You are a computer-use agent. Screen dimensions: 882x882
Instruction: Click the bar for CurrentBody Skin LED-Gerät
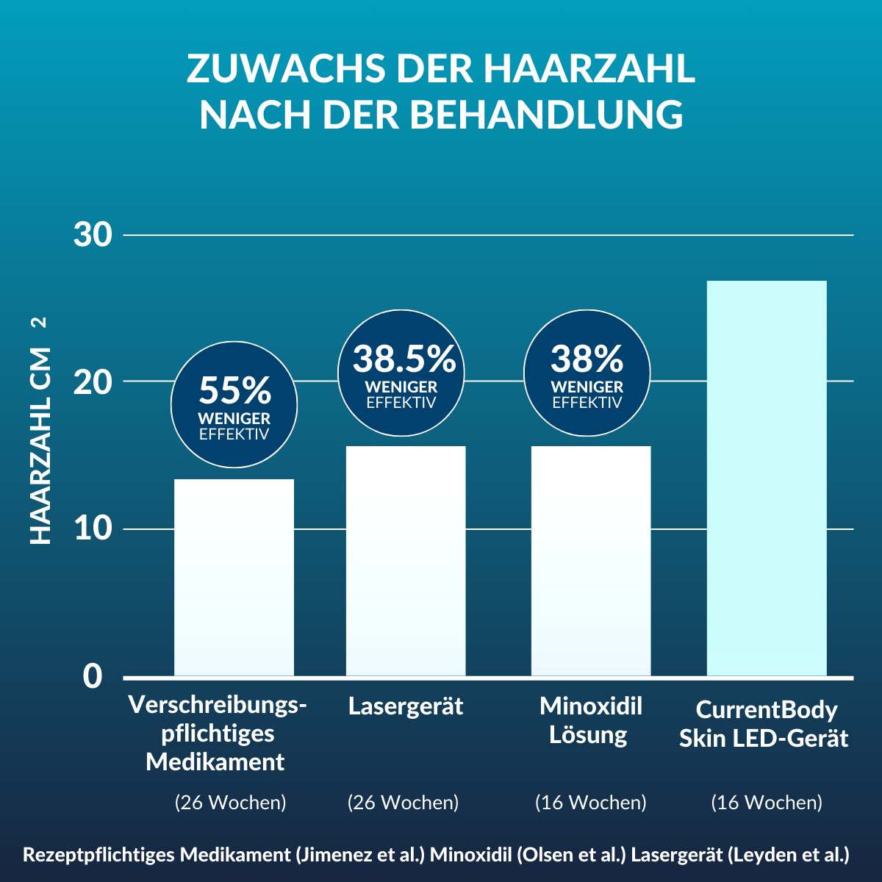tap(767, 478)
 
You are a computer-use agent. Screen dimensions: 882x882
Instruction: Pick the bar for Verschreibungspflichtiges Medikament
tap(234, 577)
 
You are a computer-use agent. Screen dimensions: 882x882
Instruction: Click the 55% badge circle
tap(234, 404)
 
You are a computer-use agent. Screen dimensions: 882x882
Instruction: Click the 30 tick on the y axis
tap(93, 235)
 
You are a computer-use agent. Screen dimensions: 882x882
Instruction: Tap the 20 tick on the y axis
tap(93, 381)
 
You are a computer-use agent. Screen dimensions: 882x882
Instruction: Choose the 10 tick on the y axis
tap(93, 528)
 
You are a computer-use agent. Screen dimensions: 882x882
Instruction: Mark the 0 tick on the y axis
tap(93, 676)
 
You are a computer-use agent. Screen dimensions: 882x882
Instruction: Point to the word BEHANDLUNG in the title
tap(545, 115)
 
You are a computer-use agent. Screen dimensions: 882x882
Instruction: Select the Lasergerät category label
tap(406, 706)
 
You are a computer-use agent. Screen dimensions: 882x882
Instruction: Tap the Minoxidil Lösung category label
tap(590, 720)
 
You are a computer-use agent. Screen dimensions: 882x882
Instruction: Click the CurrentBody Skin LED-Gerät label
tap(764, 724)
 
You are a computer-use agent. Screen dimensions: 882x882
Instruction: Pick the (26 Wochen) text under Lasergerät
tap(403, 802)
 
